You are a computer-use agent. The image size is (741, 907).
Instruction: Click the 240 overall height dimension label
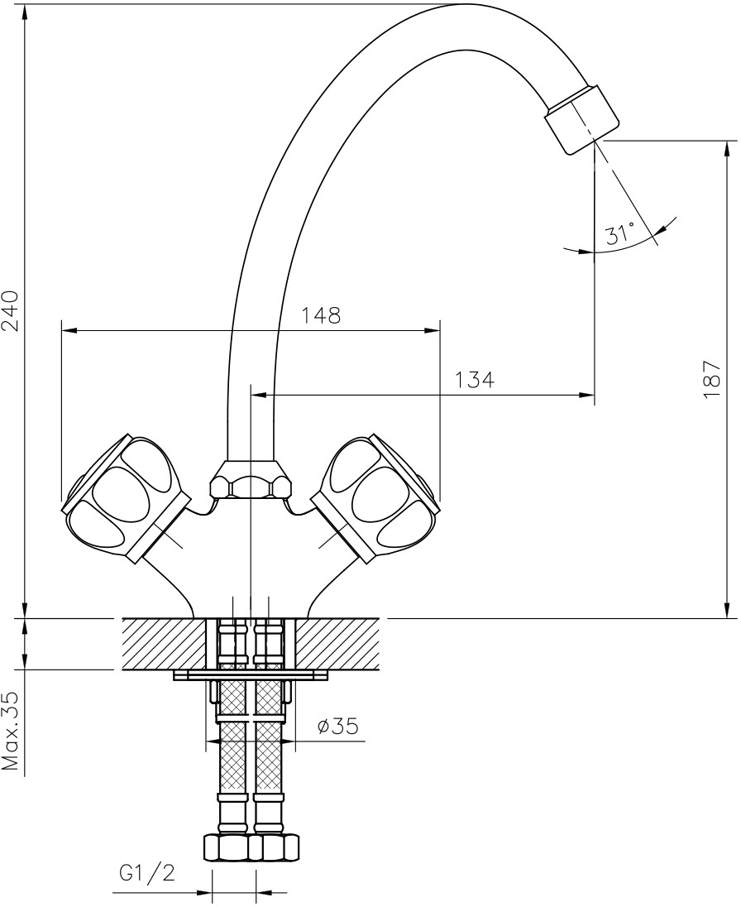11,310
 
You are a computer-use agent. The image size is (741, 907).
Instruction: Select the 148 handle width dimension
320,315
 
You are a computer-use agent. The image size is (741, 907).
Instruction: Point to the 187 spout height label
712,380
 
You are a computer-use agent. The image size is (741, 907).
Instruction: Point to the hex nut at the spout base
251,482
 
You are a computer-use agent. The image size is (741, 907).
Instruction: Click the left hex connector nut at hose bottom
227,847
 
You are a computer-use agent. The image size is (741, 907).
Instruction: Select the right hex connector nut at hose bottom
274,847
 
